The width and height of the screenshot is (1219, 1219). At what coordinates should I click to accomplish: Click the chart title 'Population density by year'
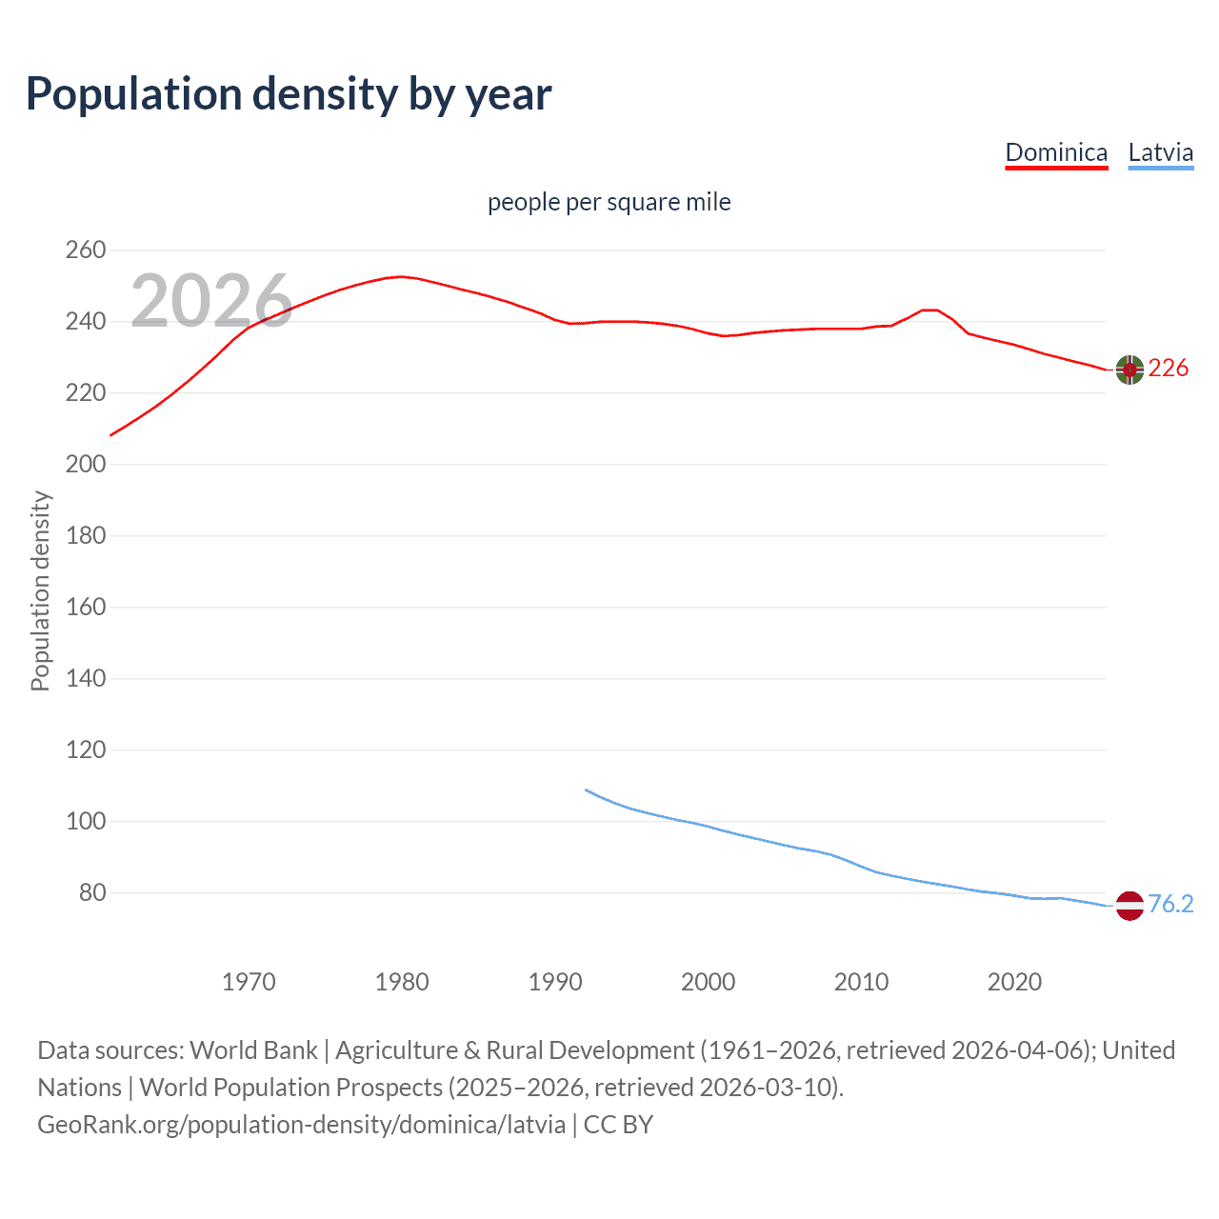pyautogui.click(x=289, y=94)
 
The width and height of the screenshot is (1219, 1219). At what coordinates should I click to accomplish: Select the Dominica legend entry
pyautogui.click(x=1056, y=152)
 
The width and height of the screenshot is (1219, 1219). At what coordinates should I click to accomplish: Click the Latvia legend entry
pyautogui.click(x=1160, y=152)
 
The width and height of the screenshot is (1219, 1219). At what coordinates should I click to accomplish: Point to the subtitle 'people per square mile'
pyautogui.click(x=609, y=202)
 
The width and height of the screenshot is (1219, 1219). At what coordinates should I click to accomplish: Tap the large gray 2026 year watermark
pyautogui.click(x=211, y=301)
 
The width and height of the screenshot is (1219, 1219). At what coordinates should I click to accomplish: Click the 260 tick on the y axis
pyautogui.click(x=85, y=250)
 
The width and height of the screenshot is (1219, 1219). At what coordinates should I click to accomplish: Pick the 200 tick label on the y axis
pyautogui.click(x=85, y=465)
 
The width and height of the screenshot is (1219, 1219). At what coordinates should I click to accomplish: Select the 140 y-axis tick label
pyautogui.click(x=85, y=679)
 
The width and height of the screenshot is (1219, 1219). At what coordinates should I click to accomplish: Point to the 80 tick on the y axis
pyautogui.click(x=91, y=893)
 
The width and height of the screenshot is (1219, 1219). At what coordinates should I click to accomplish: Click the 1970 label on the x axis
pyautogui.click(x=249, y=982)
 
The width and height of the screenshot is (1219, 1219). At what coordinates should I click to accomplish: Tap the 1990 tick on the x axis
pyautogui.click(x=555, y=982)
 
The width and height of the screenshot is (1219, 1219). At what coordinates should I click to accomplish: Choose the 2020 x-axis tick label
pyautogui.click(x=1014, y=982)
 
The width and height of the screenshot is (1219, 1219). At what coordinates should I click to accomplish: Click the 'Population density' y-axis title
pyautogui.click(x=40, y=590)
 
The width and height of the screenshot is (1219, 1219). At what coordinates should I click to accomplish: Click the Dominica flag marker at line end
pyautogui.click(x=1129, y=370)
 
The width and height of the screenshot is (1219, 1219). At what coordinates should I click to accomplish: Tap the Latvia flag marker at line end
pyautogui.click(x=1129, y=906)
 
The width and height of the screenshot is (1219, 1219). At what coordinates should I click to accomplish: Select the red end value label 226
pyautogui.click(x=1169, y=369)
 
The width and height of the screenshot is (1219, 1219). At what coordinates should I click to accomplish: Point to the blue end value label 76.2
pyautogui.click(x=1170, y=904)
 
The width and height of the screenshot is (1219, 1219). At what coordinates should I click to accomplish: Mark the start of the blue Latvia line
pyautogui.click(x=586, y=789)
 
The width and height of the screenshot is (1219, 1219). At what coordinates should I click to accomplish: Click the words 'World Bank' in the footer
pyautogui.click(x=253, y=1049)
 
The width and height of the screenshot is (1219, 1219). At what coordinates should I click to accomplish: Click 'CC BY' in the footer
pyautogui.click(x=618, y=1125)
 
